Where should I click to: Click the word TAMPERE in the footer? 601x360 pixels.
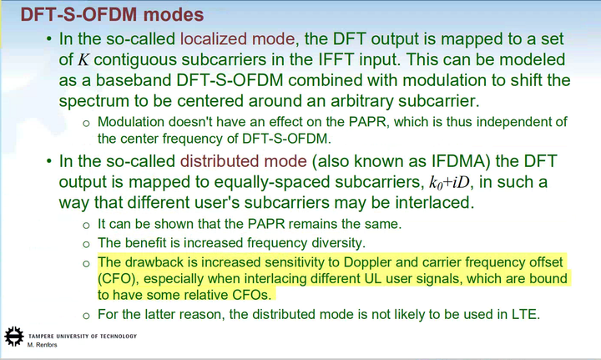(43, 336)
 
